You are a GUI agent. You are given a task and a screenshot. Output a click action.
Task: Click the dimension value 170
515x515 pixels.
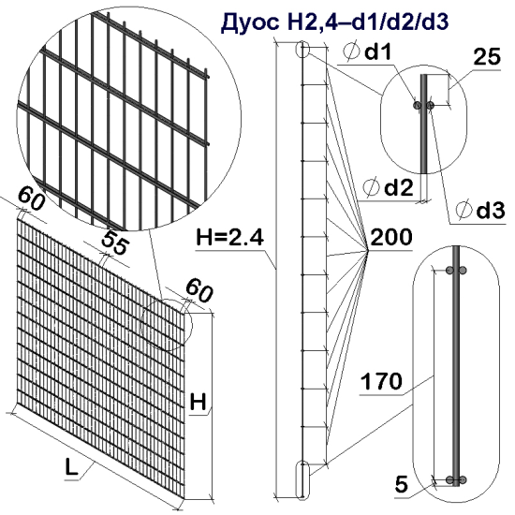pyautogui.click(x=382, y=381)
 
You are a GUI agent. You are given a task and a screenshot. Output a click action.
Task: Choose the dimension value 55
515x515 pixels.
pyautogui.click(x=115, y=242)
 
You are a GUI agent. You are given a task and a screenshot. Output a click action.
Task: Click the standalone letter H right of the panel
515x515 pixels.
pyautogui.click(x=199, y=403)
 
